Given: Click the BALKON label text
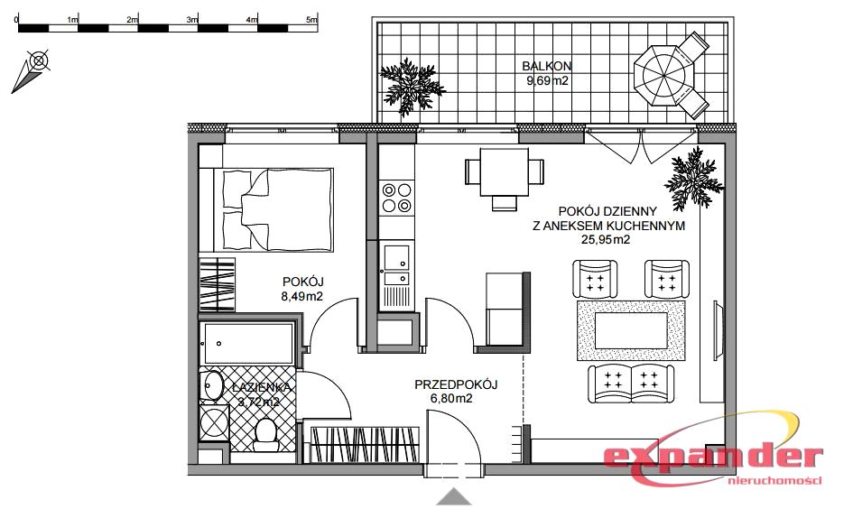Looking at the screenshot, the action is click(x=547, y=67).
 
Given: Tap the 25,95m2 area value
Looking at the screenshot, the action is click(x=606, y=239).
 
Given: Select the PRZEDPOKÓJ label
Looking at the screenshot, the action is click(x=456, y=384).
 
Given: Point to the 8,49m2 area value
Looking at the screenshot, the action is click(x=301, y=296).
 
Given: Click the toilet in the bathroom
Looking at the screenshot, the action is click(x=266, y=434).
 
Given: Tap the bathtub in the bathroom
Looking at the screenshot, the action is click(x=248, y=343).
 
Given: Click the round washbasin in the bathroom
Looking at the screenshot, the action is click(x=211, y=385).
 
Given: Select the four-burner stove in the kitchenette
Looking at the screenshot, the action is click(x=396, y=198).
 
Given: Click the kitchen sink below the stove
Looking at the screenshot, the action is click(x=396, y=265).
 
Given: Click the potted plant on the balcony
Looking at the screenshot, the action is click(x=412, y=87).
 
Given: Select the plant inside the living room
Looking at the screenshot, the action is click(x=695, y=177).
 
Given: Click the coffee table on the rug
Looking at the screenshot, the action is click(x=631, y=330).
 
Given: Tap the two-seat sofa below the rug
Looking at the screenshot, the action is click(x=631, y=383).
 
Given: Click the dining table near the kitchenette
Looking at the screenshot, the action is click(x=505, y=172).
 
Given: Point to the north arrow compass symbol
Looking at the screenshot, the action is click(x=31, y=70).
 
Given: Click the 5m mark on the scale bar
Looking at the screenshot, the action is click(x=311, y=20).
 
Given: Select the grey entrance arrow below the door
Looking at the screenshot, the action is click(x=453, y=496).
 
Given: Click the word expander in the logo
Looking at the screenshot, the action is click(x=713, y=458).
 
